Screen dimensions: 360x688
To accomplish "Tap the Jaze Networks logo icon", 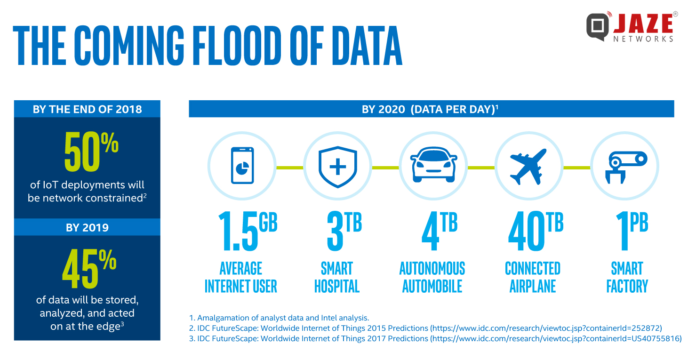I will click(598, 26).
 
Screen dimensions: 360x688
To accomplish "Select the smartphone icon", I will click(242, 165).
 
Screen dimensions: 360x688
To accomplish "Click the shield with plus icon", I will click(337, 166).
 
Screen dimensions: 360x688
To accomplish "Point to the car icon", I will click(433, 166).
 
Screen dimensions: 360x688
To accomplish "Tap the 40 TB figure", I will click(535, 231).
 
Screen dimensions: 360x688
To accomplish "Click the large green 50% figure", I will click(91, 152).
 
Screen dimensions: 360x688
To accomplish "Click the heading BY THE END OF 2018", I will click(87, 109).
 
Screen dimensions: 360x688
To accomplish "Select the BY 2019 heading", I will click(87, 227).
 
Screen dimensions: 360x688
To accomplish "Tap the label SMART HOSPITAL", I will click(337, 278).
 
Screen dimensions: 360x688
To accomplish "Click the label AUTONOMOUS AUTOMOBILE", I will click(432, 278).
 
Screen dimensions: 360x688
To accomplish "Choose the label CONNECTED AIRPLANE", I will click(533, 278).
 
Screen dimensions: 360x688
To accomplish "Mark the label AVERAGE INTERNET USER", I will click(241, 278).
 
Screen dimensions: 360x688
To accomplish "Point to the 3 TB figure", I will click(344, 231).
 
